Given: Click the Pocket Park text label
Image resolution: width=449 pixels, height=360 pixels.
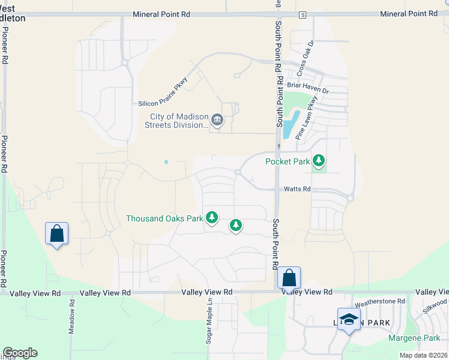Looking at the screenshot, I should tap(288, 161).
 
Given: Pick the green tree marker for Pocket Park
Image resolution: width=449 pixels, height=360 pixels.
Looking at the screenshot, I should tap(319, 160).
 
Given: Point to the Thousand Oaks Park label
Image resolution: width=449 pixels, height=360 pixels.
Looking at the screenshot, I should tap(164, 218).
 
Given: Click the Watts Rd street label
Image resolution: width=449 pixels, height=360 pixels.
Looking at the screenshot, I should tap(297, 189).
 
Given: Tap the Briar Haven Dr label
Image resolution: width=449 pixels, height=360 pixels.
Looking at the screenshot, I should tap(308, 88).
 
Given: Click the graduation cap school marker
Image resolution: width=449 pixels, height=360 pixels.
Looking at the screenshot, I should tap(348, 319).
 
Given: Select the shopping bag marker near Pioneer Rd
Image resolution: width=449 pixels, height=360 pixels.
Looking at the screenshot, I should tap(56, 233).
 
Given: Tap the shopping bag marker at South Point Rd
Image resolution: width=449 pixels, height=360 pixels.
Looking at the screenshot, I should tap(289, 278).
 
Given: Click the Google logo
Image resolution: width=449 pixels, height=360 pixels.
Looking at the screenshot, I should tap(20, 353).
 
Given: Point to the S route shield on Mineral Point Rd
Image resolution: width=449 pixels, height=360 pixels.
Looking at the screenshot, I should tap(303, 14).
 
